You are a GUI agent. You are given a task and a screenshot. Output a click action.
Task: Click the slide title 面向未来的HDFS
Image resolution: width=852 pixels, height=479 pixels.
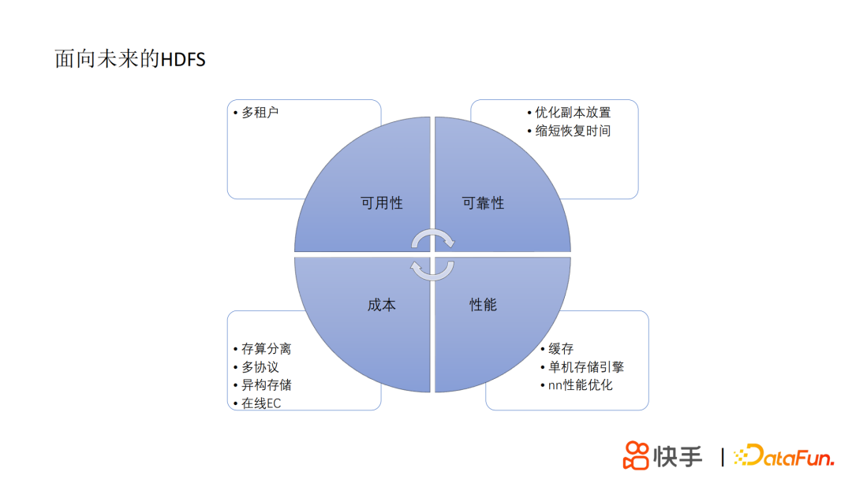click(130, 59)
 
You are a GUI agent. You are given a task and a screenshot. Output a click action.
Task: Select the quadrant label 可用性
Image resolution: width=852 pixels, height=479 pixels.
click(382, 203)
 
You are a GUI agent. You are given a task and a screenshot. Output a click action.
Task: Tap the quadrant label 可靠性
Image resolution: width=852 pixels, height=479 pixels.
click(483, 203)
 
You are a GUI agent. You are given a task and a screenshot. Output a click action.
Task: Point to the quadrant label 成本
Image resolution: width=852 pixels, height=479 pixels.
click(382, 305)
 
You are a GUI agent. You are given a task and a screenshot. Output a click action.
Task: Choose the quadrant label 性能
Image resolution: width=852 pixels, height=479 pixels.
click(483, 305)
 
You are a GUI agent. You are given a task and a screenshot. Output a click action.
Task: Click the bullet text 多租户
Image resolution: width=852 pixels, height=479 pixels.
click(260, 113)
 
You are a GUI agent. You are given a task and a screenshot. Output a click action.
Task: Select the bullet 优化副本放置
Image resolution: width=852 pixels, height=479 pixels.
click(573, 113)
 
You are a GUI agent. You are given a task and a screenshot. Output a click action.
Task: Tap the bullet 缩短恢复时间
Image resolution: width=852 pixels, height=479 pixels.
click(573, 131)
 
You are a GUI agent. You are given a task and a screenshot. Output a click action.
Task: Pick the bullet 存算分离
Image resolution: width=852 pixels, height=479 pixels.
click(266, 348)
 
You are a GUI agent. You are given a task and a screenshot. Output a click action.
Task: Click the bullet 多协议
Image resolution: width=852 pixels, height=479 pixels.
click(260, 367)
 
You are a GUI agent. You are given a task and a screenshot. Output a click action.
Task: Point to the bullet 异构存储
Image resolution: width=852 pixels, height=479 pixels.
click(266, 385)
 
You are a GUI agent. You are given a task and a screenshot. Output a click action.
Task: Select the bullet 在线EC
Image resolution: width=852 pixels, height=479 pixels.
click(261, 403)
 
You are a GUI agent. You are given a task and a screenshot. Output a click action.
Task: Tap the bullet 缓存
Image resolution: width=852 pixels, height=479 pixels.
click(561, 348)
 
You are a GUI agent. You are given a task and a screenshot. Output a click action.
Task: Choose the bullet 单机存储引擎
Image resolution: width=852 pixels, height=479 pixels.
click(586, 367)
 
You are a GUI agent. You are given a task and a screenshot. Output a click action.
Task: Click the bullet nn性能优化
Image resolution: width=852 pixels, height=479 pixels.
click(581, 385)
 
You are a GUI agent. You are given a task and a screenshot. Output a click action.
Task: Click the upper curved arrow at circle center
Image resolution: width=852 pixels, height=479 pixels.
click(433, 238)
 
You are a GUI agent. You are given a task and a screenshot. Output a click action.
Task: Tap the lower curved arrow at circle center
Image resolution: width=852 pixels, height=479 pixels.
click(432, 270)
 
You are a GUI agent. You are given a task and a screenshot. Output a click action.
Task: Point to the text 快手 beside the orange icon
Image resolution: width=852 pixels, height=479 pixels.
click(678, 455)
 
